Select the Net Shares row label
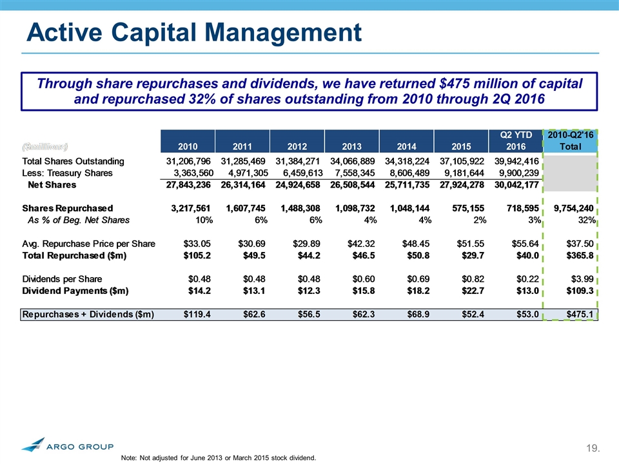(x=52, y=185)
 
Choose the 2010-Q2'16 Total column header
(x=571, y=140)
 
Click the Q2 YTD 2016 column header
(x=516, y=140)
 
